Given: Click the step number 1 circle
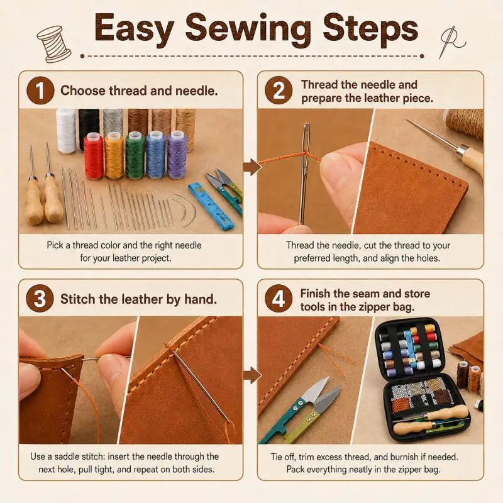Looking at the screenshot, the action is [40, 91].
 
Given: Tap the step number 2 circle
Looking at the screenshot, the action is [279, 91].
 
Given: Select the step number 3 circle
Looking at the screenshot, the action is [40, 299].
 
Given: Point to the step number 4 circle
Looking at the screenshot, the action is [279, 299].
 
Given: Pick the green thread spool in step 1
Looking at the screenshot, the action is [135, 155].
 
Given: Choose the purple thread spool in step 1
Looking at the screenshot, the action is [177, 155].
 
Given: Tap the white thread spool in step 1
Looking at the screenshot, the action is [66, 131].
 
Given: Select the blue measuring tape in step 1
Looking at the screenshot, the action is [211, 206].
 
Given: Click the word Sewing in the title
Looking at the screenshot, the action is [248, 29].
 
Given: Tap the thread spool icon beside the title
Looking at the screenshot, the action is [54, 43].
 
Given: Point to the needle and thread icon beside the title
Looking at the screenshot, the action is [451, 42].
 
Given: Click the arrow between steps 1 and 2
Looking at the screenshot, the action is [252, 167].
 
